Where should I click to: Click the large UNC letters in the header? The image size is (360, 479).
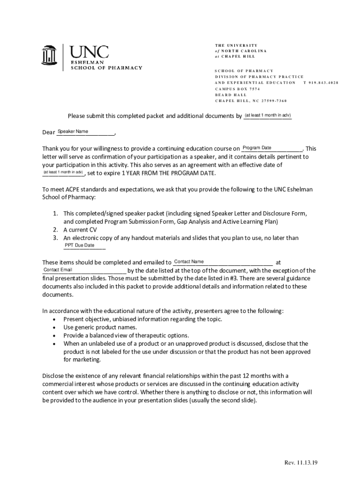click(x=89, y=52)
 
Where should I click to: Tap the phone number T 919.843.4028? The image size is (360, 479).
click(x=321, y=82)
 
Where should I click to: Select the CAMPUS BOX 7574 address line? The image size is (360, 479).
click(x=238, y=88)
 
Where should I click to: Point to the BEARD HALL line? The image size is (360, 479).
click(x=230, y=94)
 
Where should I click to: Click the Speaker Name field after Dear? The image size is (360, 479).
click(x=85, y=132)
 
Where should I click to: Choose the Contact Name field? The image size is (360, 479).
click(x=223, y=262)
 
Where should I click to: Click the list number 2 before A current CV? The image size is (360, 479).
click(x=55, y=230)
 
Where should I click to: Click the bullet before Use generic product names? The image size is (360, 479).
click(x=56, y=327)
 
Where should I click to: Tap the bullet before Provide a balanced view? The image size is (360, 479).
click(x=56, y=335)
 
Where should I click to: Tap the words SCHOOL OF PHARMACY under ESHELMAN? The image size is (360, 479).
click(x=107, y=67)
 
